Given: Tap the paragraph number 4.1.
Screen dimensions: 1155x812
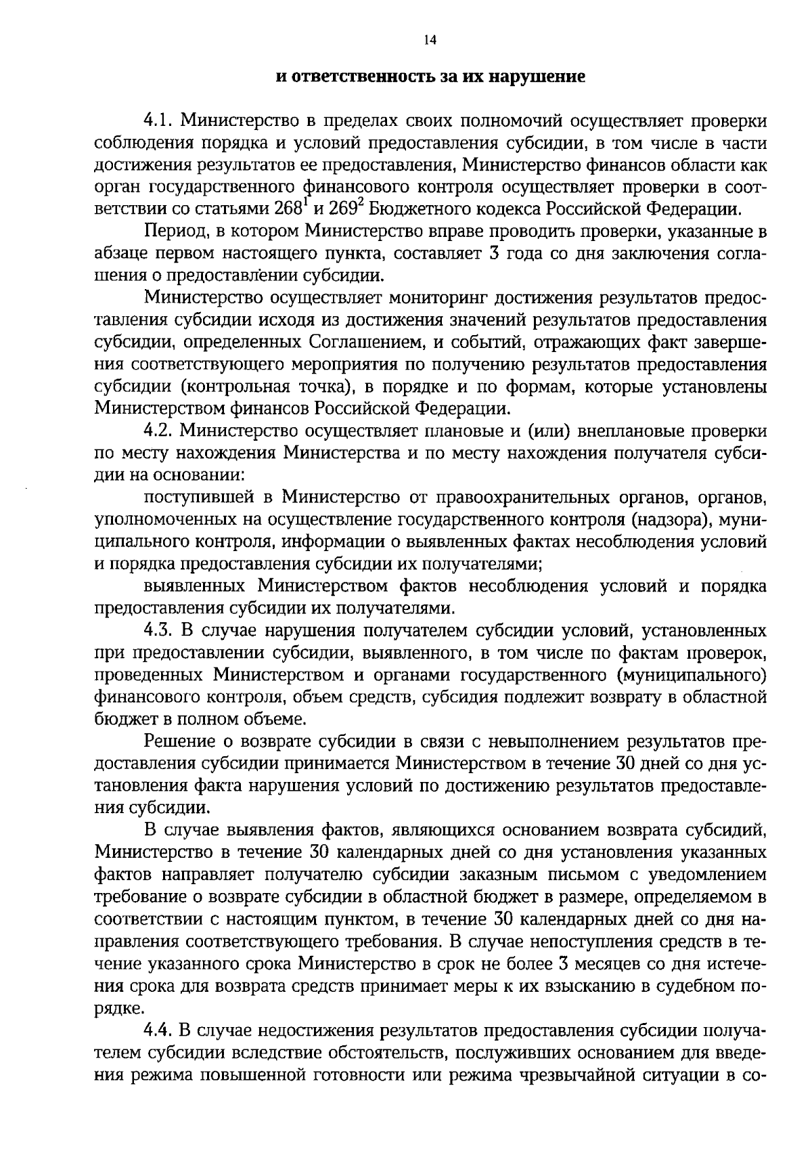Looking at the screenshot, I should (159, 121).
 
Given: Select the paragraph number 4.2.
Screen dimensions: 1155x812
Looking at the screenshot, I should (159, 431).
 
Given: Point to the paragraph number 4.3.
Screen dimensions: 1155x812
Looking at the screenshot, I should (159, 631).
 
